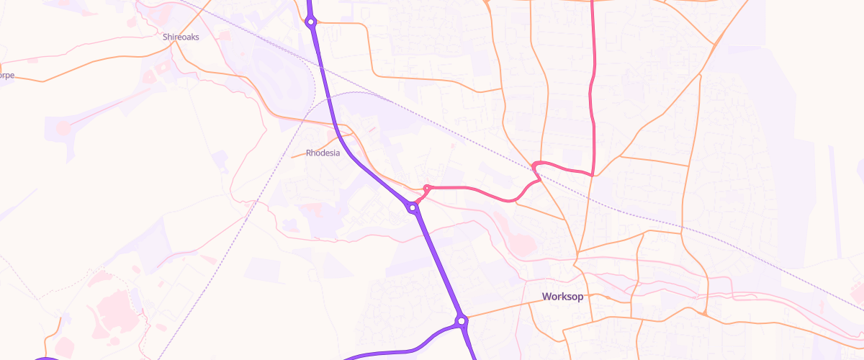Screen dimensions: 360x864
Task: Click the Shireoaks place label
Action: pos(181,36)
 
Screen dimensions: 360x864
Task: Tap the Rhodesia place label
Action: pos(323,153)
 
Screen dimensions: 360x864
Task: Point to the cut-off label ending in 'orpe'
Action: pos(6,75)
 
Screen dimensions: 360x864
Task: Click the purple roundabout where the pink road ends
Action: pos(413,207)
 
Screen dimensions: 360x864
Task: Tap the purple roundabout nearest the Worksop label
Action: pos(462,320)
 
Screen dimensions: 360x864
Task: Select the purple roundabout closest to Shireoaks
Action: pos(311,22)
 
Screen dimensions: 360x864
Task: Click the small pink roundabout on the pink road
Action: pos(427,189)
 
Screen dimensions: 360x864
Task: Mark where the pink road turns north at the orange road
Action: pos(592,174)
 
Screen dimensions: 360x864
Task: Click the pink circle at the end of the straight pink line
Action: pos(63,128)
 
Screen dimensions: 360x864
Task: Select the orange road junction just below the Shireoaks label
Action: pos(173,45)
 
